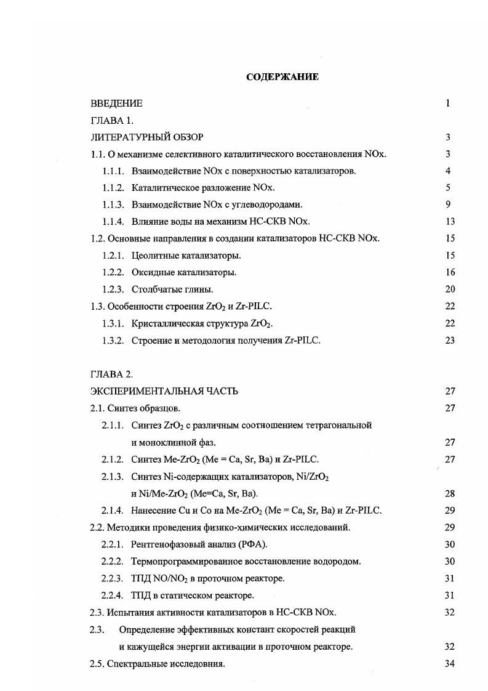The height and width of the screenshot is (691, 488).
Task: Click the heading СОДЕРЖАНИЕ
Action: (282, 77)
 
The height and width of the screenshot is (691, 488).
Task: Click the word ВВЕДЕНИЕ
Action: (116, 103)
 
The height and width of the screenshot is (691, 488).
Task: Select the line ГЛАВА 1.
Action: (112, 121)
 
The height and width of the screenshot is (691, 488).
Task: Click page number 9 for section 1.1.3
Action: (449, 204)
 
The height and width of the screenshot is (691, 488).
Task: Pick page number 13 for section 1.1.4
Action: (449, 222)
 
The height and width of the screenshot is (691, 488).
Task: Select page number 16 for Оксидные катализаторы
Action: (449, 272)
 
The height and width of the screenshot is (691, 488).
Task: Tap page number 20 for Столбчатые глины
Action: (449, 289)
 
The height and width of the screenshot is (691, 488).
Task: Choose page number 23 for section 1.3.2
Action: (449, 340)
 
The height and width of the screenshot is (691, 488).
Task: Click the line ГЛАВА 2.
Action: (112, 374)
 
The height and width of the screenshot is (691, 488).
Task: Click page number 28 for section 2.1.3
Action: (449, 493)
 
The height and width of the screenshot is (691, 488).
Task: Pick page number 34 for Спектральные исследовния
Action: (449, 664)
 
